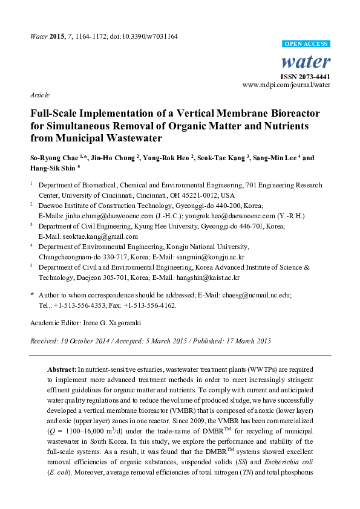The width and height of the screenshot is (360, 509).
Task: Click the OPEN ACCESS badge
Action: [x=307, y=45]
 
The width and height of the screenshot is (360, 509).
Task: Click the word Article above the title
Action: [x=39, y=96]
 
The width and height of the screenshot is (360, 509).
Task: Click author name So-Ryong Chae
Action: [x=53, y=158]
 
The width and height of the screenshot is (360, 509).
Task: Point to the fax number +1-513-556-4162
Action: [x=154, y=305]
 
